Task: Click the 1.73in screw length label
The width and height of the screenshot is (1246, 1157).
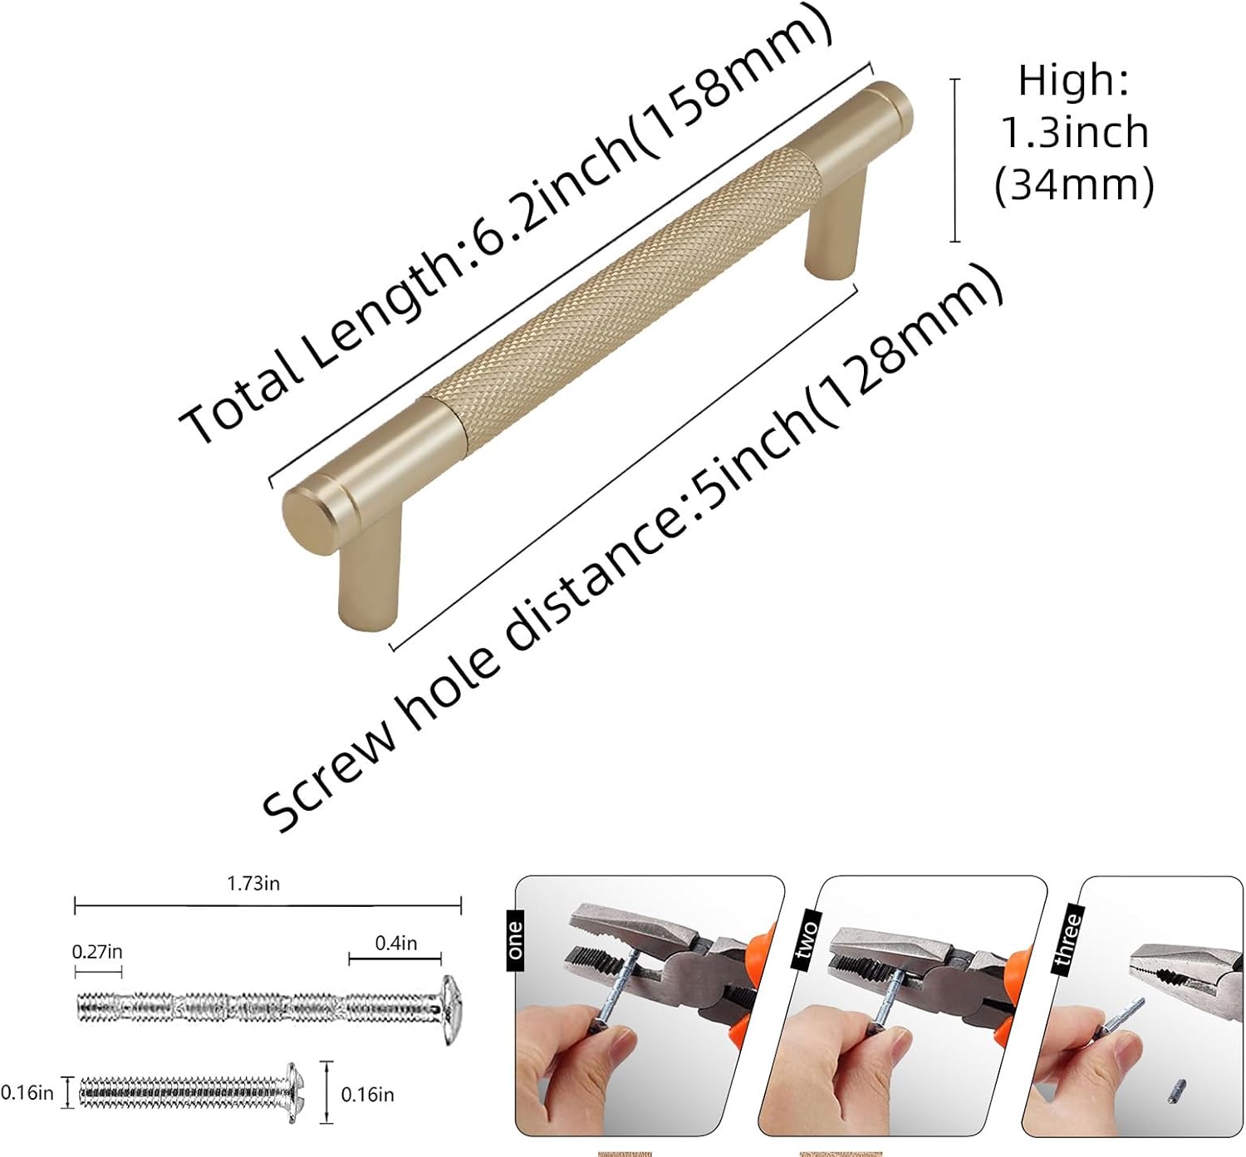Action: [253, 884]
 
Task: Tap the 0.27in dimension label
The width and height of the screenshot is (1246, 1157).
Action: [96, 952]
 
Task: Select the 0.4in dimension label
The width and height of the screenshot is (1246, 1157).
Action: [395, 943]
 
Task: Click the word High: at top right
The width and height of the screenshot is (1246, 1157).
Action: [1073, 81]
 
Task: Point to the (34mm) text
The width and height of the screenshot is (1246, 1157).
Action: [1074, 185]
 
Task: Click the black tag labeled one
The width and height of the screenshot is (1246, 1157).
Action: [515, 939]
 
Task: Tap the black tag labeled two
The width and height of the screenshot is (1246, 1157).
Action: [805, 939]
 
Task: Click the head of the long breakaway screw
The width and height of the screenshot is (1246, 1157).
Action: [451, 1009]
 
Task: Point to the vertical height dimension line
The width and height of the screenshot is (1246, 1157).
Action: [955, 160]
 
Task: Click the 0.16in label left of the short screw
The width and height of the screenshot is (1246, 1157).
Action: [27, 1092]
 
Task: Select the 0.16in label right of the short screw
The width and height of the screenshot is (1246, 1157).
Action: [367, 1095]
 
